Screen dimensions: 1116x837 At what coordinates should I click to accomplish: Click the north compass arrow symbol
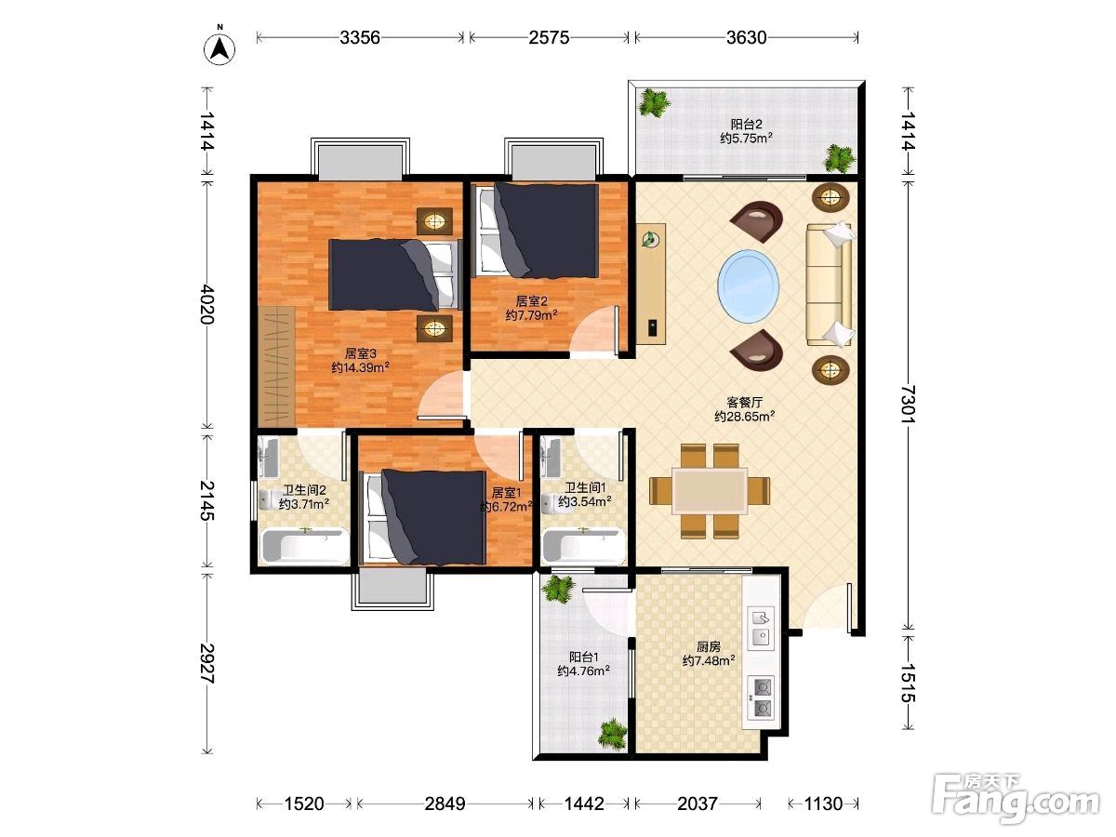(x=219, y=49)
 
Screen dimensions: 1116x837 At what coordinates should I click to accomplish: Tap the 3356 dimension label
(x=360, y=37)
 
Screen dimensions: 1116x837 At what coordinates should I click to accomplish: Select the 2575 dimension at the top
(x=549, y=37)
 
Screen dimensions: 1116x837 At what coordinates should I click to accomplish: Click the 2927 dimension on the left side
(x=207, y=663)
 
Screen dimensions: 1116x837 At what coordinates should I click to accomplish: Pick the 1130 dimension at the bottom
(x=823, y=804)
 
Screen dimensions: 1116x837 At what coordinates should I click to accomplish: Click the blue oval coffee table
(x=748, y=286)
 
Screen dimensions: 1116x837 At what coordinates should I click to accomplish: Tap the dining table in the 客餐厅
(x=710, y=491)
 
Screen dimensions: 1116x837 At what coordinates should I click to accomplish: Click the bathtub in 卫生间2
(x=304, y=546)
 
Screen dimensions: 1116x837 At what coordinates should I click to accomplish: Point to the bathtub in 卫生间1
(x=584, y=546)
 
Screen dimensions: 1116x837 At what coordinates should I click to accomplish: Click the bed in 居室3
(x=395, y=275)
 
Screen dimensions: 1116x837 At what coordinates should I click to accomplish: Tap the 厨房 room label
(x=709, y=646)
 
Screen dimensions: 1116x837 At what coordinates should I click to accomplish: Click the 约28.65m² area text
(x=744, y=417)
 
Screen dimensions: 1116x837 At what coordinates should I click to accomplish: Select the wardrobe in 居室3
(x=276, y=366)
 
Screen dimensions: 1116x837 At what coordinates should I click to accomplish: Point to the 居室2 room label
(x=531, y=301)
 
